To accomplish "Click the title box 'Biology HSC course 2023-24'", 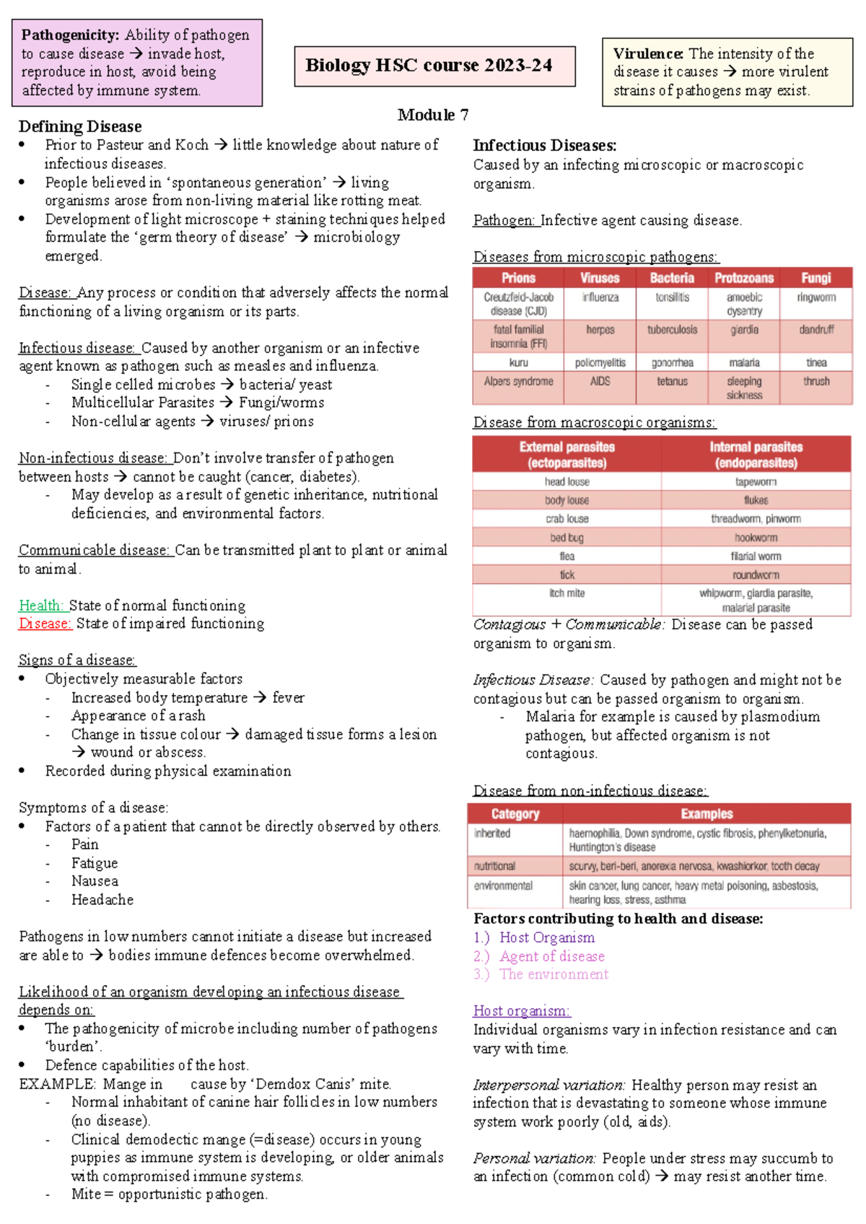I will [434, 66].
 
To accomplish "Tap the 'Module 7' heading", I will [433, 115].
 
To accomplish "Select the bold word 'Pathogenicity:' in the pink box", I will [70, 35].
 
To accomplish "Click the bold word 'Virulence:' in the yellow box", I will [648, 53].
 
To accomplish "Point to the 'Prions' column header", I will [518, 278].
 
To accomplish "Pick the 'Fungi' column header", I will [815, 278].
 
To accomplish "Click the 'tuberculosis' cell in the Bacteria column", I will [672, 330].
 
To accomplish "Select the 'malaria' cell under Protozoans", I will [744, 363].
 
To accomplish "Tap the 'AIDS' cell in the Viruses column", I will [600, 381].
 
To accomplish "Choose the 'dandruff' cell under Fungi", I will [816, 330].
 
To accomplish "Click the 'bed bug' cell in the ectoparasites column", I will [567, 538].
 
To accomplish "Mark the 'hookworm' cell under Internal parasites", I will [756, 538].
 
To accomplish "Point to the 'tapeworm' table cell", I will [756, 482].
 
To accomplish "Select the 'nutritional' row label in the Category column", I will [495, 866].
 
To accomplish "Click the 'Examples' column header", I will [707, 814].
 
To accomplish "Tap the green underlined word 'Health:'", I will [41, 606].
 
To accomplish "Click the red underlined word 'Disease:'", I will [45, 624].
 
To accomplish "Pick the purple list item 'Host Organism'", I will [547, 937].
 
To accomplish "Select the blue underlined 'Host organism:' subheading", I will [521, 1011].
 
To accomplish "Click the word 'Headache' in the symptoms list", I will [102, 900].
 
